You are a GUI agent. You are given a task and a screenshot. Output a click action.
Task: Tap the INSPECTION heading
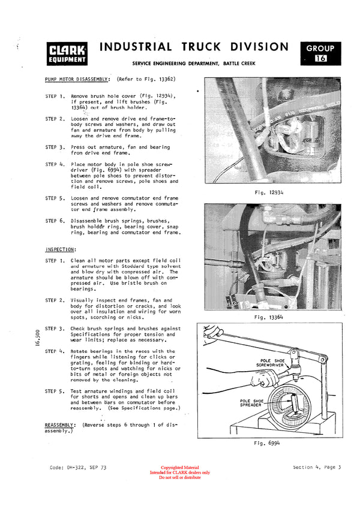coord(61,249)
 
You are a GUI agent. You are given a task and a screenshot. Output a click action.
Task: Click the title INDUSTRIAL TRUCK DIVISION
coord(194,47)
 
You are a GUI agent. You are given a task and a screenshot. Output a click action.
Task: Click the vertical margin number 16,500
coord(37,342)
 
